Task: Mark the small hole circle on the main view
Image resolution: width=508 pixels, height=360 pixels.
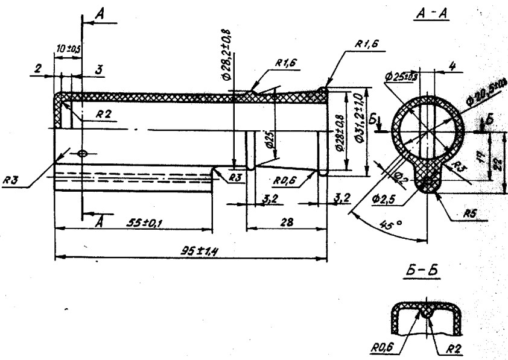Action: (x=83, y=153)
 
